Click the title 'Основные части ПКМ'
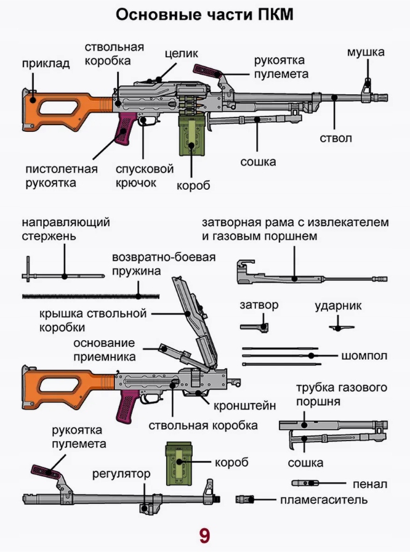click(x=205, y=14)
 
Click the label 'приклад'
click(x=46, y=63)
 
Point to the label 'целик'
click(x=180, y=54)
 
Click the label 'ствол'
click(x=336, y=137)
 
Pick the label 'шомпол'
click(x=364, y=356)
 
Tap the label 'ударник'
click(x=338, y=306)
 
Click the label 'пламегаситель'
click(x=324, y=500)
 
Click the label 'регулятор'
click(x=121, y=474)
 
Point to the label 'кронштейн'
click(x=244, y=406)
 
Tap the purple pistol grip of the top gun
click(x=124, y=129)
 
